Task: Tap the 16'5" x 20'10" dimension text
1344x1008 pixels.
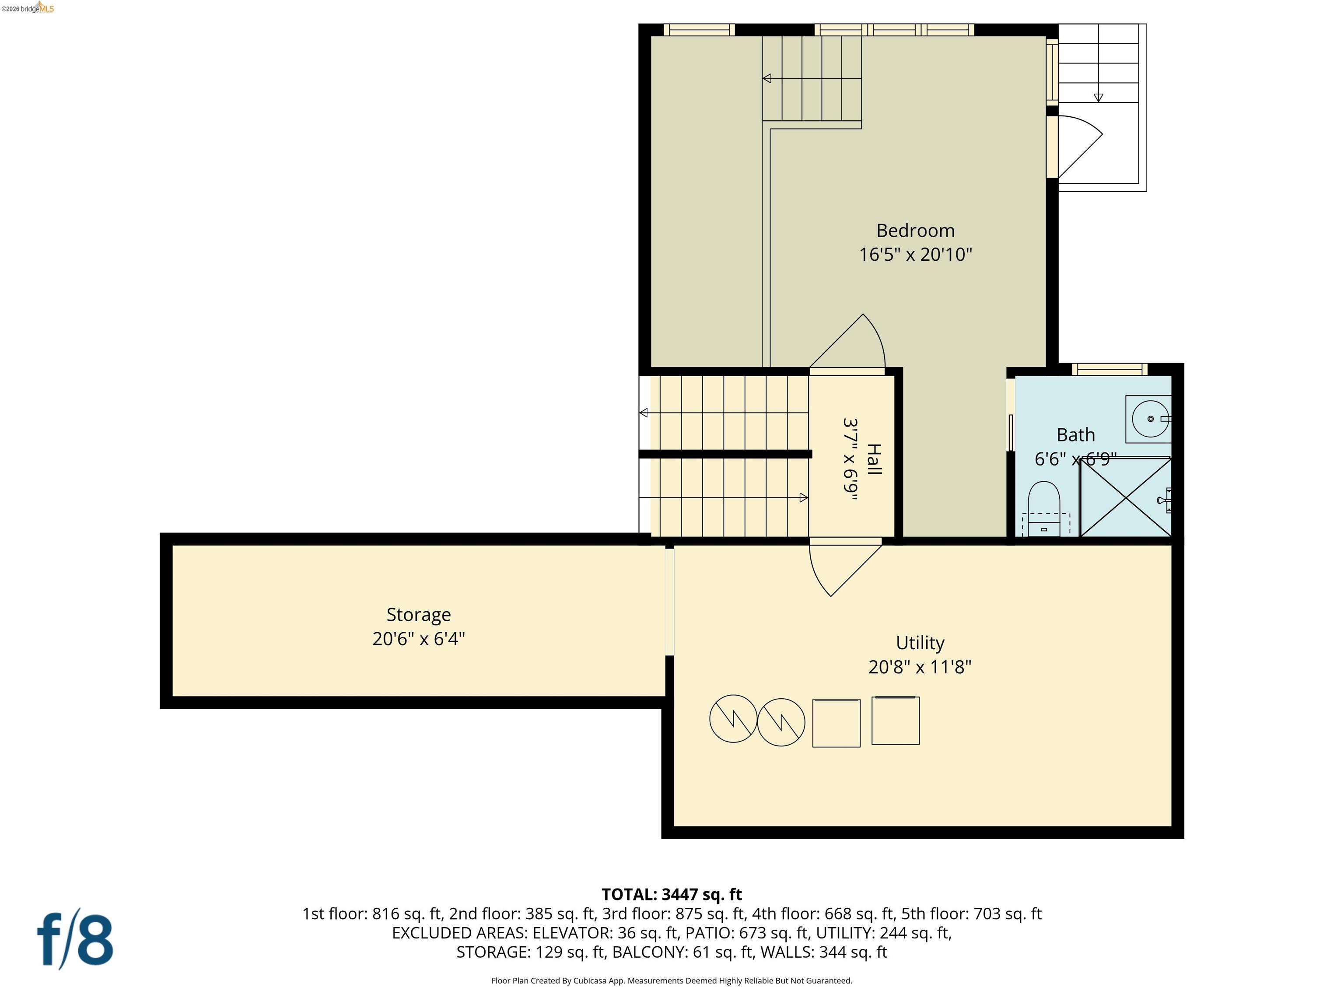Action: (x=915, y=254)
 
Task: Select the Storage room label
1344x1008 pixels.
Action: (x=419, y=614)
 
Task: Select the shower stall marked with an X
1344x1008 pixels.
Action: (x=1126, y=497)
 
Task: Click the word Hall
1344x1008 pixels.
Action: (x=873, y=459)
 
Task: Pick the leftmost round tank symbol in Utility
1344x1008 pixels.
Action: (x=733, y=718)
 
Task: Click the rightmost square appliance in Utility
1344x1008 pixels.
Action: (x=895, y=721)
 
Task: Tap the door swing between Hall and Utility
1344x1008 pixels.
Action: (x=841, y=568)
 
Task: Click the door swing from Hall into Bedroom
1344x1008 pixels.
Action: (x=850, y=343)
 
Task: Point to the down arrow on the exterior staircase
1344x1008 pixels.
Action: (x=1098, y=97)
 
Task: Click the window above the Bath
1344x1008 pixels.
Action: (x=1109, y=369)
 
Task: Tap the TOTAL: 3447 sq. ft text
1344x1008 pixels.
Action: (x=672, y=894)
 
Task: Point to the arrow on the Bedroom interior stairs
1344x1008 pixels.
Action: (x=767, y=78)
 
